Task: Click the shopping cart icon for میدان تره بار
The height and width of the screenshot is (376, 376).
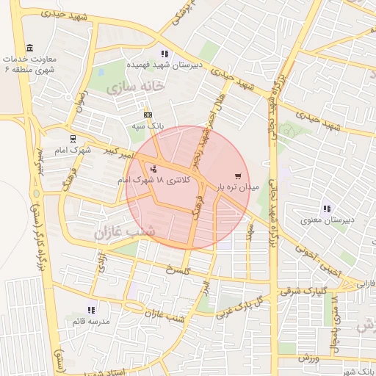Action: [x=237, y=176]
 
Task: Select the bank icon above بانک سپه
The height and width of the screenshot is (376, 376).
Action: [x=148, y=115]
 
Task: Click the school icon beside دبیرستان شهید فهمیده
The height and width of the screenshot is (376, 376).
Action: [x=164, y=54]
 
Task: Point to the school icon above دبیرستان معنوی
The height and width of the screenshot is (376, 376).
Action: [x=326, y=209]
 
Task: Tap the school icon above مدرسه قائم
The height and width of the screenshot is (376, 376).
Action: [x=91, y=311]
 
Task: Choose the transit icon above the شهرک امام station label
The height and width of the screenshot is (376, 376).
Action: [x=72, y=138]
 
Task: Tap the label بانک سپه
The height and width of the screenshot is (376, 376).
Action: [x=148, y=126]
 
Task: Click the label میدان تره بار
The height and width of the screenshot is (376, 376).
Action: [x=238, y=187]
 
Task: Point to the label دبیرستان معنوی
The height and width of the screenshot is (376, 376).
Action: [x=327, y=220]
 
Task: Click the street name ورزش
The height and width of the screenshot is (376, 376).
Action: [x=306, y=357]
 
